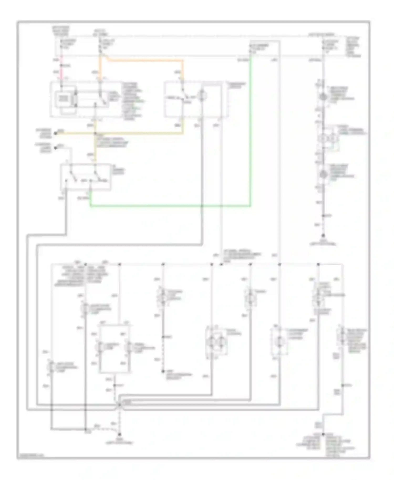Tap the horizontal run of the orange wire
tap(144, 61)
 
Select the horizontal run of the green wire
tap(171, 206)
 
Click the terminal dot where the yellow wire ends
tap(55, 133)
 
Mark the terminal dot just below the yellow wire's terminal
tap(55, 148)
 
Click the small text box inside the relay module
tap(63, 98)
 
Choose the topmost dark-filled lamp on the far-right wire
tap(323, 97)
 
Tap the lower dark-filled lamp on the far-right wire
tap(323, 174)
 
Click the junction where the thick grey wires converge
tap(120, 405)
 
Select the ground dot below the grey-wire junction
tap(120, 434)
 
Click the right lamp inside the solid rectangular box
tap(129, 347)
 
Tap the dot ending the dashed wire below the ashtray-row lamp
tap(163, 372)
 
